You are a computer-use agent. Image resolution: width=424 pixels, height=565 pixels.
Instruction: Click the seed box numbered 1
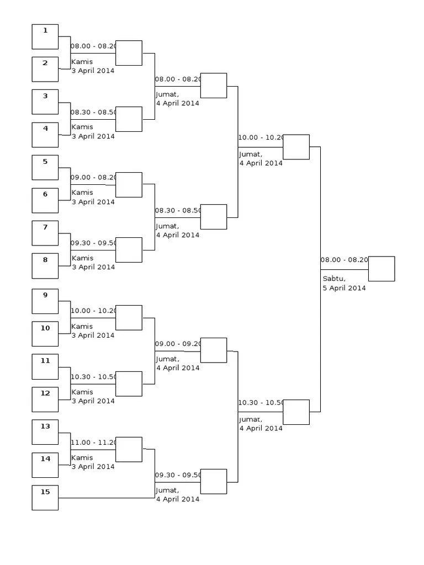pyautogui.click(x=45, y=37)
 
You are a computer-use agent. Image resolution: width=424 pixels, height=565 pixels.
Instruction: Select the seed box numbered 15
pyautogui.click(x=45, y=498)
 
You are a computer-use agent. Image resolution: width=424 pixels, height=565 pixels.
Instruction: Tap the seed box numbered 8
pyautogui.click(x=45, y=266)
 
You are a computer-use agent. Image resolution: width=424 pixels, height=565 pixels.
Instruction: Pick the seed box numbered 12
pyautogui.click(x=45, y=399)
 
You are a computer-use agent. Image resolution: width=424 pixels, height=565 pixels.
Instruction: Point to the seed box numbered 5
pyautogui.click(x=45, y=168)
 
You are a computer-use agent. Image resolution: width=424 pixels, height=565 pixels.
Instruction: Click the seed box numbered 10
pyautogui.click(x=45, y=334)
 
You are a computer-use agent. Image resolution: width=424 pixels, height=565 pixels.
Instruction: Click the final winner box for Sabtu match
pyautogui.click(x=381, y=269)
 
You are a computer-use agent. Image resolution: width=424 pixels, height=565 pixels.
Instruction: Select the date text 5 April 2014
pyautogui.click(x=344, y=288)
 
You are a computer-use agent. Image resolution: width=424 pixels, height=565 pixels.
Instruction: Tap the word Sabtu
pyautogui.click(x=334, y=279)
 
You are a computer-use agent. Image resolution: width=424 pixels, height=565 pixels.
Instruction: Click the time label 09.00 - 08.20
pyautogui.click(x=93, y=177)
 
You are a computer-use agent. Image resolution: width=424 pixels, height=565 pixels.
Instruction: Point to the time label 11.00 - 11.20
pyautogui.click(x=93, y=442)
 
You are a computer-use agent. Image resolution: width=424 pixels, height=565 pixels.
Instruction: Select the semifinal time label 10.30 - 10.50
pyautogui.click(x=260, y=403)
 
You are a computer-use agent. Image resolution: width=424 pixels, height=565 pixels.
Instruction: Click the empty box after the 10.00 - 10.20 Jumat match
pyautogui.click(x=296, y=147)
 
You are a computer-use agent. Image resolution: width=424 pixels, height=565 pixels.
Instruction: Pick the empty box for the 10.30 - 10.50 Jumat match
pyautogui.click(x=296, y=412)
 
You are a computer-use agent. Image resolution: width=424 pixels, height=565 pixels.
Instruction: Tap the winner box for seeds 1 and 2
pyautogui.click(x=129, y=53)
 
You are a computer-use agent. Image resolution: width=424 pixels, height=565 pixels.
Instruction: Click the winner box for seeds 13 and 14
pyautogui.click(x=129, y=449)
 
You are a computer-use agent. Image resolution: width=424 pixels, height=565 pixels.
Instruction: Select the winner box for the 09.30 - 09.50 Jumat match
pyautogui.click(x=214, y=481)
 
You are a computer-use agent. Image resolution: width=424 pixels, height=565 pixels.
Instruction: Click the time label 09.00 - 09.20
pyautogui.click(x=177, y=344)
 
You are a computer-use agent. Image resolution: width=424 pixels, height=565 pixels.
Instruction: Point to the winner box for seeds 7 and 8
pyautogui.click(x=129, y=250)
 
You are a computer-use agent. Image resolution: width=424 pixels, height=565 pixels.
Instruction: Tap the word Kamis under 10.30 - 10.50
pyautogui.click(x=82, y=392)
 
